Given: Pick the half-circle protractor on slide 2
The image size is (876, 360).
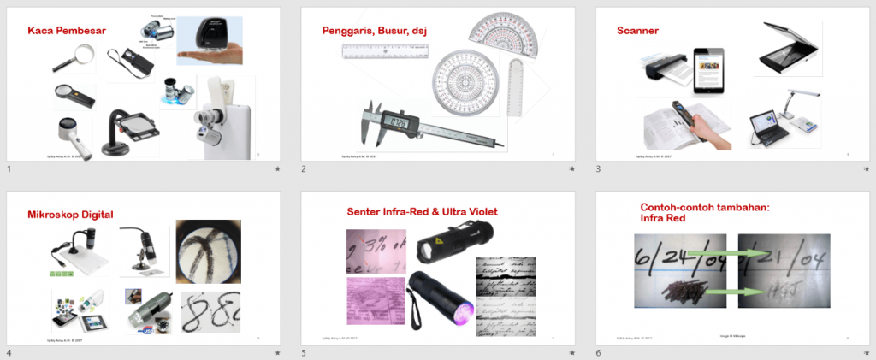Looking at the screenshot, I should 506,34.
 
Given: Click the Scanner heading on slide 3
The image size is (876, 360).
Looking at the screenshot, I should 637,31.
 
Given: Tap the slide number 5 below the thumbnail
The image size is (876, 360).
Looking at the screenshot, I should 304,353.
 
